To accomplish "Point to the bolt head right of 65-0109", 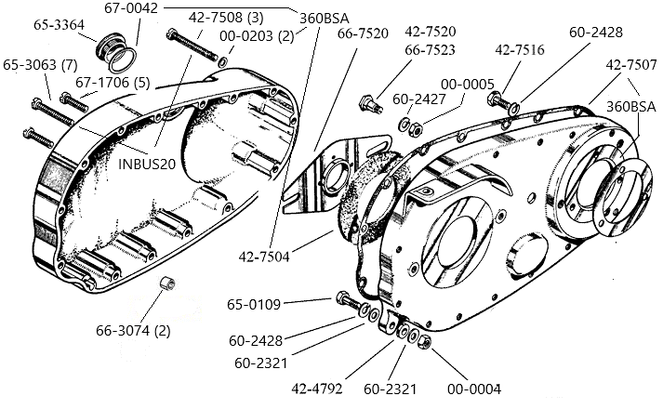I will (342, 300).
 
